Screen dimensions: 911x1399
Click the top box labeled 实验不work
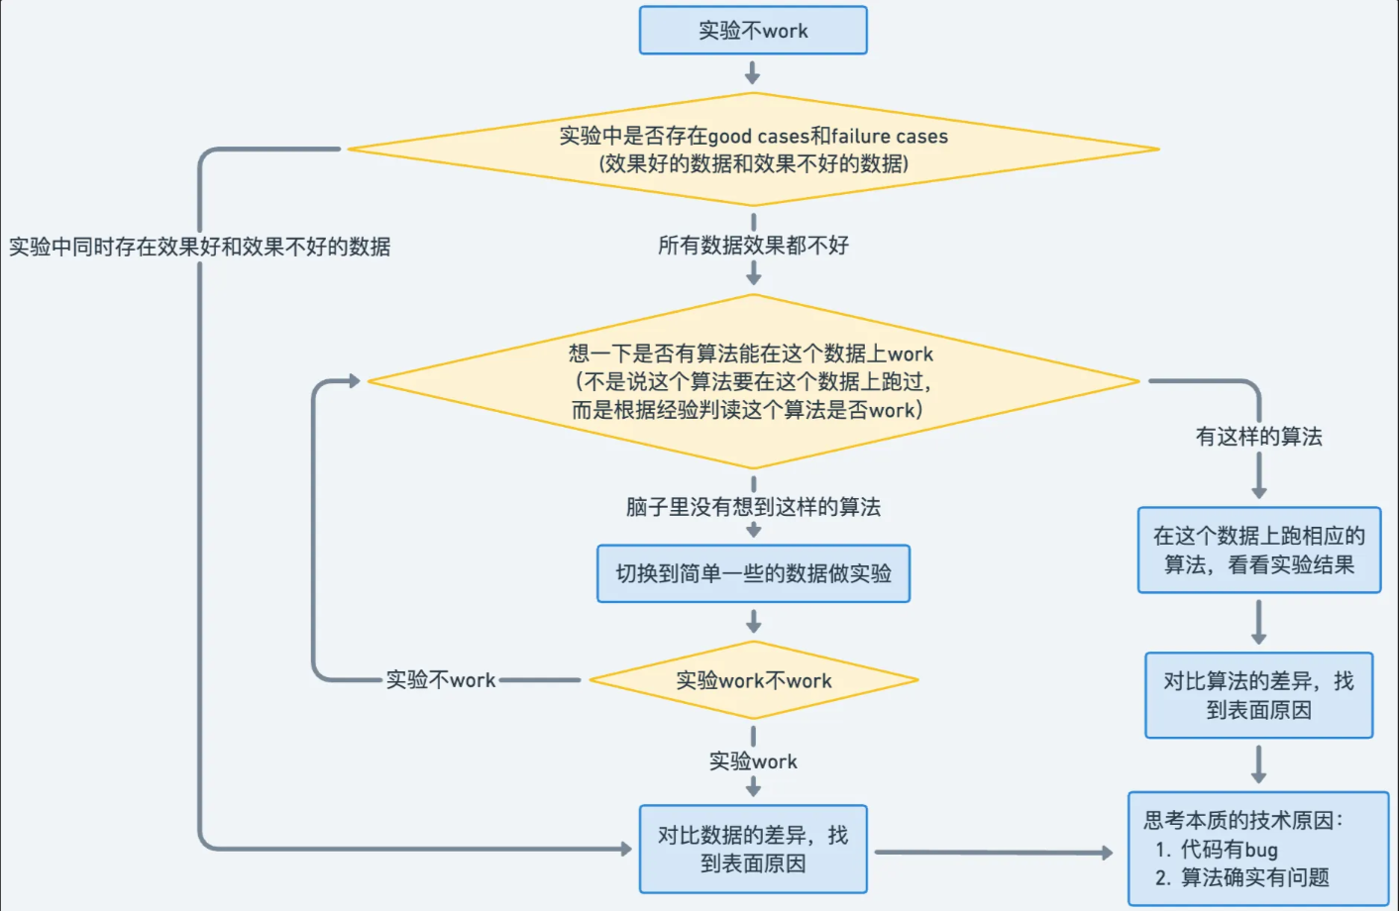click(753, 31)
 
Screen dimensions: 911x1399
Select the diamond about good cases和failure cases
click(753, 150)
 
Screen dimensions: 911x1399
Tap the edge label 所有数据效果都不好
click(753, 246)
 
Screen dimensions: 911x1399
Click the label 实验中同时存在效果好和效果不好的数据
click(199, 247)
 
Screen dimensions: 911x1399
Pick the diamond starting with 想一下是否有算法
click(753, 381)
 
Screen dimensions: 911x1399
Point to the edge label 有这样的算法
click(1258, 437)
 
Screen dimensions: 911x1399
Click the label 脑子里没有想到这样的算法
click(753, 507)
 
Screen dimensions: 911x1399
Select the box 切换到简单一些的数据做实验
click(753, 573)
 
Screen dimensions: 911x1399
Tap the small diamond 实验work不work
click(753, 680)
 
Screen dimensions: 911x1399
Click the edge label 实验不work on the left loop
click(441, 680)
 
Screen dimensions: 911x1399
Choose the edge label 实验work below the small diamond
click(753, 761)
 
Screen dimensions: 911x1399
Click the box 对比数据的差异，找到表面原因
click(753, 849)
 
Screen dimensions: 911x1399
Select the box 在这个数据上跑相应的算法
click(1258, 551)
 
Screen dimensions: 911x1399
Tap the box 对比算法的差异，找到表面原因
click(1258, 695)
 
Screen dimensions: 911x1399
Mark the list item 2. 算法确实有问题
click(1242, 877)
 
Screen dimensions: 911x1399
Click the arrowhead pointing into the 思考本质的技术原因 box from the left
click(1107, 853)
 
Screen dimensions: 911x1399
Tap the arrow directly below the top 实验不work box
click(753, 74)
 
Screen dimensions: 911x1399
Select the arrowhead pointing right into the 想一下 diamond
click(354, 381)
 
